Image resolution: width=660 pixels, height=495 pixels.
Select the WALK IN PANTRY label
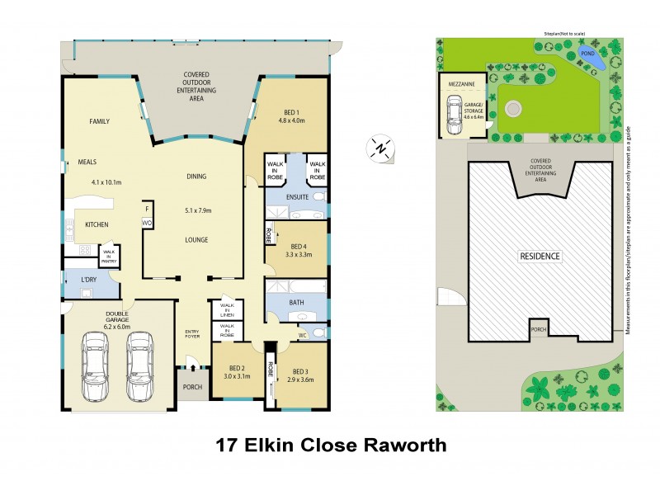[x=109, y=257]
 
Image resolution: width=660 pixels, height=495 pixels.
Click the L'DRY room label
[x=89, y=280]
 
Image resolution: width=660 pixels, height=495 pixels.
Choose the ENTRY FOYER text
[x=193, y=334]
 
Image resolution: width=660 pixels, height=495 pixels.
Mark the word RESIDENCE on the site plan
[x=540, y=257]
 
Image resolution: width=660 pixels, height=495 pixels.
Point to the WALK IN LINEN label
[x=226, y=309]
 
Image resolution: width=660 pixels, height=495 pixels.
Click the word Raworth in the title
[x=403, y=445]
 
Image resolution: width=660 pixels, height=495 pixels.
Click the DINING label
[x=196, y=176]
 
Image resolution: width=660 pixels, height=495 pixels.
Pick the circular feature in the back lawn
[x=514, y=107]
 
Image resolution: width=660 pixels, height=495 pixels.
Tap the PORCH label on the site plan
[x=539, y=332]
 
